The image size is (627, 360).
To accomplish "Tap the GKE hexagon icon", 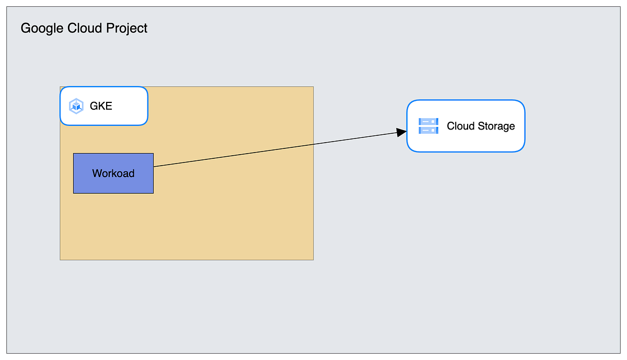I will [x=76, y=106].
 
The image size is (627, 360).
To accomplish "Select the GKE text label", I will [x=101, y=106].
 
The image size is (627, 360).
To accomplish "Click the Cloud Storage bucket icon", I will [x=428, y=126].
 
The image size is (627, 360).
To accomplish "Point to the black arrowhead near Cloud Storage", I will [x=402, y=132].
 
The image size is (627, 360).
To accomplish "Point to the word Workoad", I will [x=113, y=173].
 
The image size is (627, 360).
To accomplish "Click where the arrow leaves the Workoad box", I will [x=154, y=166].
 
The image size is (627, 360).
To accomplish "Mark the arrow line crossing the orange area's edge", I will [x=313, y=144].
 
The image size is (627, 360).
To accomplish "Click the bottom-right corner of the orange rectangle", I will [x=313, y=259].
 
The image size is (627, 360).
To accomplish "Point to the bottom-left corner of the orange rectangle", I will [x=61, y=259].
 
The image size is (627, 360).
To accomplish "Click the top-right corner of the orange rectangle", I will [x=313, y=87].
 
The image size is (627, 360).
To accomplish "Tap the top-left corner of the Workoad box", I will [x=74, y=154].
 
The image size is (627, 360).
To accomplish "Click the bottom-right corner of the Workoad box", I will [x=153, y=193].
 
